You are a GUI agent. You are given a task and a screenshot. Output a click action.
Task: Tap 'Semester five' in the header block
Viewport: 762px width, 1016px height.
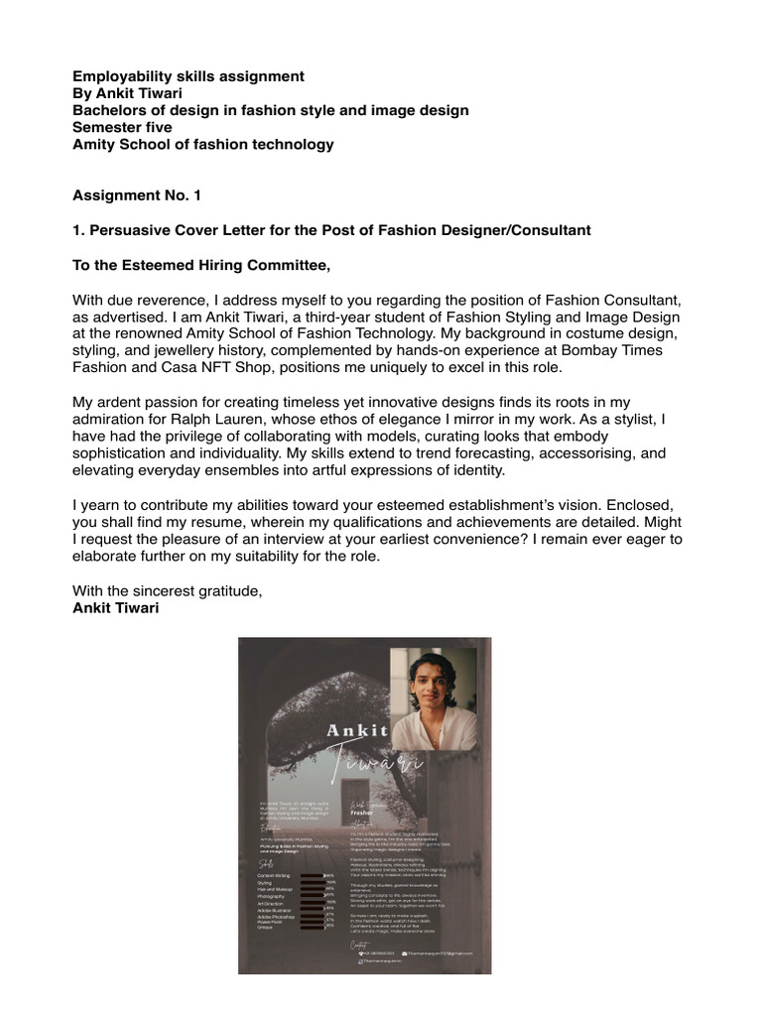point(122,127)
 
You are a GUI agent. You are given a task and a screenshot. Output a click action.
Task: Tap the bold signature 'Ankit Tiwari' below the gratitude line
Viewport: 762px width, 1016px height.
point(115,607)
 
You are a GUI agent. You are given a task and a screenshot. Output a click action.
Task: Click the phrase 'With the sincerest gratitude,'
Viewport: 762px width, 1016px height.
point(168,591)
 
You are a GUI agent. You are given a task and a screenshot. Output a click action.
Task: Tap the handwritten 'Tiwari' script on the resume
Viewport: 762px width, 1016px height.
point(382,765)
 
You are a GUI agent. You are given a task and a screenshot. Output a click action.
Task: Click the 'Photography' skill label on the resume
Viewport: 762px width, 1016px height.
point(272,895)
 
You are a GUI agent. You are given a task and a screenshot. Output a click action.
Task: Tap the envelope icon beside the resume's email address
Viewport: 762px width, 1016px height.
point(405,952)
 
